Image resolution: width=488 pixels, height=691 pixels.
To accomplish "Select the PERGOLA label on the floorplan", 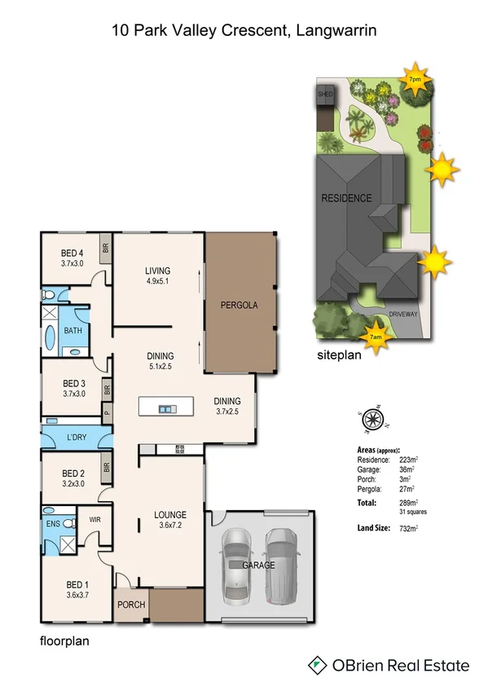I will [240, 306].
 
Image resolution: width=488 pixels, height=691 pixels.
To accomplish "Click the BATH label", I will [73, 331].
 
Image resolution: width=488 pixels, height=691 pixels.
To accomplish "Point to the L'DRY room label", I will [77, 438].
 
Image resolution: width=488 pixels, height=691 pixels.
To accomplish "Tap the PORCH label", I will [132, 605].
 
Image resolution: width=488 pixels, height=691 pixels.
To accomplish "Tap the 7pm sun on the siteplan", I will [415, 80].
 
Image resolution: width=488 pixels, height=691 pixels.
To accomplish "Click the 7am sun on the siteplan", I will [376, 335].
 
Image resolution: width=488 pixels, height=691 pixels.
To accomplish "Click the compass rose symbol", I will [372, 420].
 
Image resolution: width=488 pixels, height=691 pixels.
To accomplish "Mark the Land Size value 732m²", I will [407, 529].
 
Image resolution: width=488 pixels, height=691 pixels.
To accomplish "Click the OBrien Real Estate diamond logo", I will [319, 666].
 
